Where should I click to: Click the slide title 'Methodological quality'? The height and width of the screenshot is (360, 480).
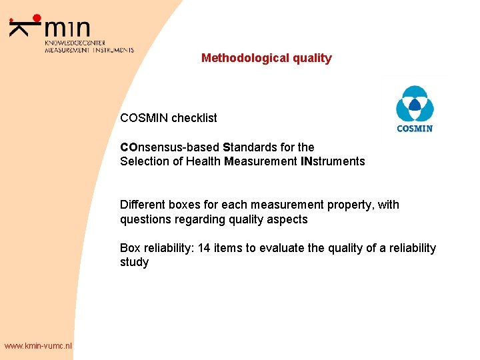point(266,58)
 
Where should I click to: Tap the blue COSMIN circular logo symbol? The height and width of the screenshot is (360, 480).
point(415,104)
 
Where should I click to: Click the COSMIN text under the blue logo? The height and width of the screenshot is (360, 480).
point(415,128)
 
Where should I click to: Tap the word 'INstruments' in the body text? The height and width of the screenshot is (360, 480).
point(332,161)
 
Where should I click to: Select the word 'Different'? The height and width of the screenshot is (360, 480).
point(142,205)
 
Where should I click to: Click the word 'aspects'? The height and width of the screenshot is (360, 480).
point(289,219)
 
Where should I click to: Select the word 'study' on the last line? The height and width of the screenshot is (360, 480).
point(134,263)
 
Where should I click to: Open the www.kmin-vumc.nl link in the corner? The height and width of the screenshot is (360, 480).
point(37,345)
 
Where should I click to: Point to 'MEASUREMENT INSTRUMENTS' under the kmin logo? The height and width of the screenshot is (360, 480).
point(89,50)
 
